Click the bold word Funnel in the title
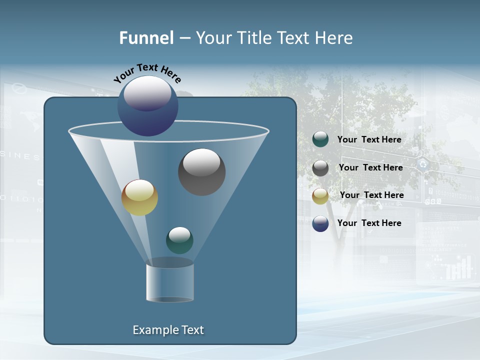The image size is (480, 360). [x=146, y=38]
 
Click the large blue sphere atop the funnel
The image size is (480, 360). [x=147, y=106]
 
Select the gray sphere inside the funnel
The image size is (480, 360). [x=201, y=172]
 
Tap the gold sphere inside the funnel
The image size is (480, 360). [x=139, y=197]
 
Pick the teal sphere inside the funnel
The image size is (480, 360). [x=179, y=240]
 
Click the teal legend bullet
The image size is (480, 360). [x=320, y=139]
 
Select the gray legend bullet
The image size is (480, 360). [x=320, y=168]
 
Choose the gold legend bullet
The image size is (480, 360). [x=320, y=196]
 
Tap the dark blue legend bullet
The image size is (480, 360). [x=320, y=223]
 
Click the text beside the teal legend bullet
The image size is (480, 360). [x=369, y=140]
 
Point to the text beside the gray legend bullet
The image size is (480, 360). [x=370, y=168]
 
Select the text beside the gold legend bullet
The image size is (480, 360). [x=371, y=195]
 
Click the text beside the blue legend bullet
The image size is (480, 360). [x=369, y=223]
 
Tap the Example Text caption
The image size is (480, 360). [x=168, y=330]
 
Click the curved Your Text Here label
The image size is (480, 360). [x=147, y=72]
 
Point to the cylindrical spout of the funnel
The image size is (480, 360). [x=169, y=282]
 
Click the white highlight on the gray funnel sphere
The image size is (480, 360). [x=201, y=162]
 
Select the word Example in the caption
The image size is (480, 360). [x=153, y=330]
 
